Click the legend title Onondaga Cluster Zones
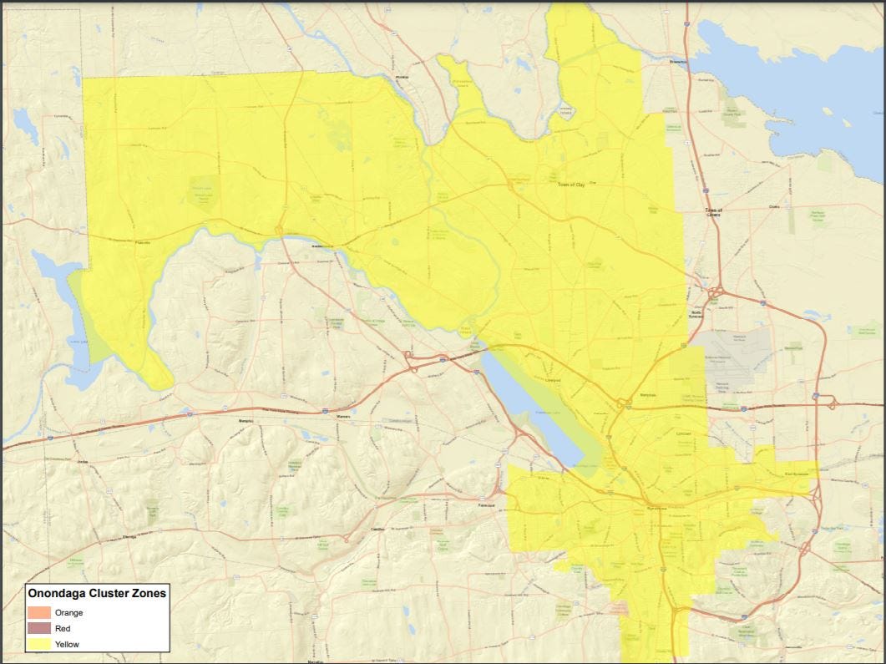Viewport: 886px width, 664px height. click(97, 594)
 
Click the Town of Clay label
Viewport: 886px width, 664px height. click(572, 185)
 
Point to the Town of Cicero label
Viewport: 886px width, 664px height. click(712, 213)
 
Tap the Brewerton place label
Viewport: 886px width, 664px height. click(677, 62)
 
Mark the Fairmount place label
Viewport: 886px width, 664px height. click(487, 506)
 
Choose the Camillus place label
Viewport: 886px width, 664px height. click(377, 529)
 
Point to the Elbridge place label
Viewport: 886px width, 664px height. click(129, 537)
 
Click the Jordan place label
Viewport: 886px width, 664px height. click(81, 461)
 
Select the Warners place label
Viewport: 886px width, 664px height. click(342, 416)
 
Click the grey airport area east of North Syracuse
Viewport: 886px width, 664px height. click(735, 355)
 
